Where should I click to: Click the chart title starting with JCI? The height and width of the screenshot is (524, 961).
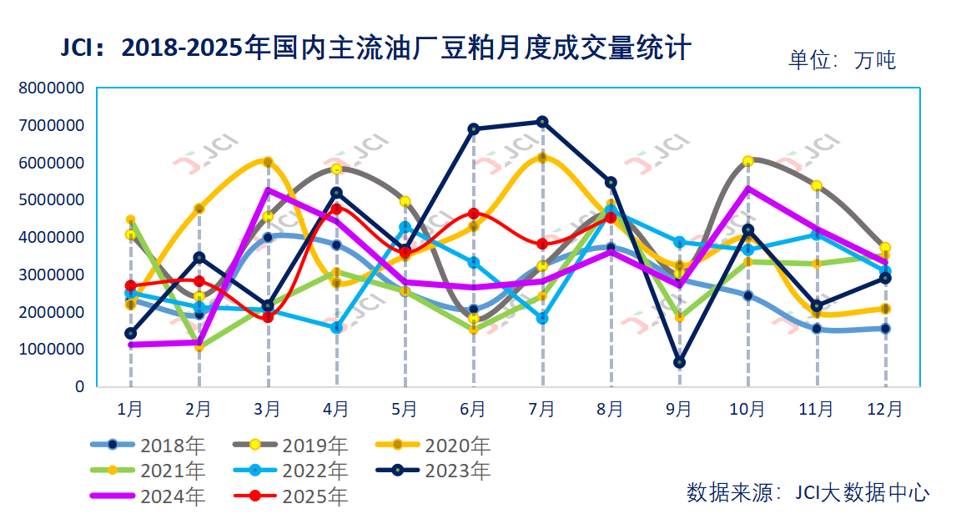point(375,48)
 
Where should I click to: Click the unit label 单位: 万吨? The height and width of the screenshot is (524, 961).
point(842,60)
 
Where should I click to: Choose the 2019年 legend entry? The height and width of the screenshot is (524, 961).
point(291,446)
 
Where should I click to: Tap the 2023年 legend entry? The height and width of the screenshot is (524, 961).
point(434,471)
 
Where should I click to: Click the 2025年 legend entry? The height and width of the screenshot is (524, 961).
point(291,496)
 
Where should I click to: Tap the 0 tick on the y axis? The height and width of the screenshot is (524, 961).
point(79,386)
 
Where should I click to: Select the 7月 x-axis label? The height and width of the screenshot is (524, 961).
point(542,409)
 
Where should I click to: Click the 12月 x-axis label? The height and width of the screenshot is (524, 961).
point(885,409)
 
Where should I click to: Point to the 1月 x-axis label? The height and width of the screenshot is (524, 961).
point(131,409)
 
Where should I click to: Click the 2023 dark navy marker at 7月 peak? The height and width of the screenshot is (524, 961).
point(542,122)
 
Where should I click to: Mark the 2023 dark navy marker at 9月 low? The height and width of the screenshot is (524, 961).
point(680,362)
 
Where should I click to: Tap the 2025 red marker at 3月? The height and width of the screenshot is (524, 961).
point(268,317)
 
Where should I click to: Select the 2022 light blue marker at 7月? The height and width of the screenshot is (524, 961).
point(542,318)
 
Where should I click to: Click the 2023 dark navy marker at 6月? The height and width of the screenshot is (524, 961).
point(474,128)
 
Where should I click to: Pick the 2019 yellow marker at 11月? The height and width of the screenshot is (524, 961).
point(817,185)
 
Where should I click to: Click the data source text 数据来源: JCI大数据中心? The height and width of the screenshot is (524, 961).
point(808,492)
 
